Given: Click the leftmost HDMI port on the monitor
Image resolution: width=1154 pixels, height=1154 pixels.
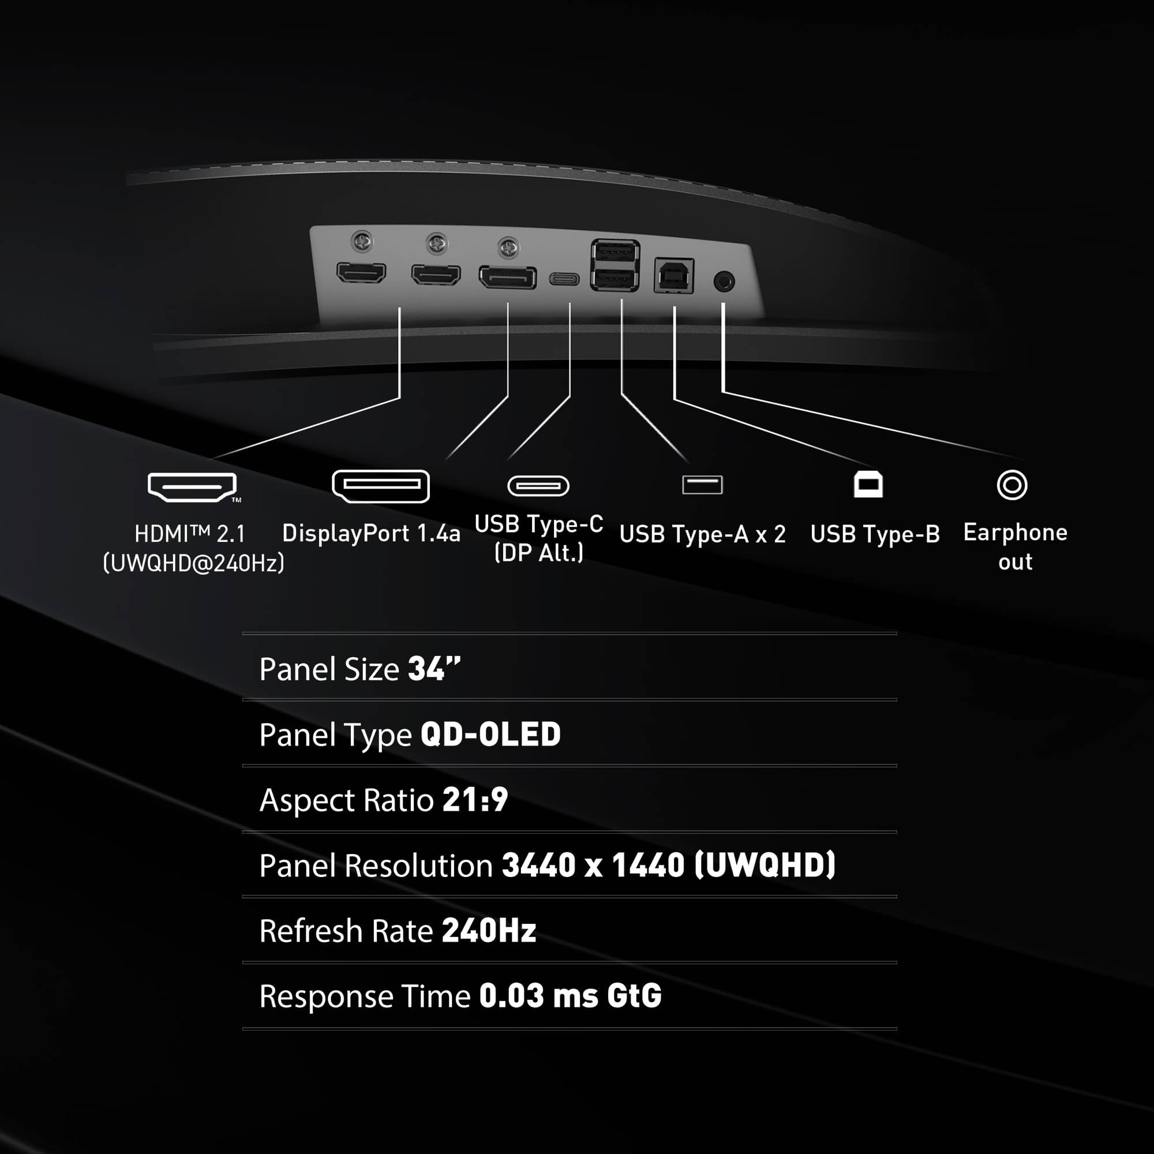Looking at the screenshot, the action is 361,273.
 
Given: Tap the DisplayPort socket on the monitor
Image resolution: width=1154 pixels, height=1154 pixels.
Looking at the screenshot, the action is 507,277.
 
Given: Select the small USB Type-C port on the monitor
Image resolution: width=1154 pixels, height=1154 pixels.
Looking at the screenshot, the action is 564,279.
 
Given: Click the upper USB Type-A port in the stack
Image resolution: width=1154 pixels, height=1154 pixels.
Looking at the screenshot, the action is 615,253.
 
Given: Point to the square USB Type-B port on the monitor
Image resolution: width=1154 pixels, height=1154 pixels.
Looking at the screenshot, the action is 674,275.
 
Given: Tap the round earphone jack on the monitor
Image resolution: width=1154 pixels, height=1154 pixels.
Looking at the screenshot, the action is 724,280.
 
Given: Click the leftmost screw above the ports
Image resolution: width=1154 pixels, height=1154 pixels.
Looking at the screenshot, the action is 362,241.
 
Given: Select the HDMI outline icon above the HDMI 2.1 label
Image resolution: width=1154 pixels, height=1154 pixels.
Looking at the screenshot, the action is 192,487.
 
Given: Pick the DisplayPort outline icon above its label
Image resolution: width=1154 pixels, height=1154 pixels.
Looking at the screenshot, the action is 380,486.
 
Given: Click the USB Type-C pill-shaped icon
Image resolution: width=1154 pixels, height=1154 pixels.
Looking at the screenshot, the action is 538,486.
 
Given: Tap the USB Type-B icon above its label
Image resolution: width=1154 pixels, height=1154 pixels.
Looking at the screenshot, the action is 868,485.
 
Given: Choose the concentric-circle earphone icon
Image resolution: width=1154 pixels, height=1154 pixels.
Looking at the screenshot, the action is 1012,485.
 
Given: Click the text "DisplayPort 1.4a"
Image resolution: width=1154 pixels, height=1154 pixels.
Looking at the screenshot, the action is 371,533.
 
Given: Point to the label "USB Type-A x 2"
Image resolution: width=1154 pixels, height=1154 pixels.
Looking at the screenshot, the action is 702,534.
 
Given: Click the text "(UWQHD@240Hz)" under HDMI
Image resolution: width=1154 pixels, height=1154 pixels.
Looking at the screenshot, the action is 193,563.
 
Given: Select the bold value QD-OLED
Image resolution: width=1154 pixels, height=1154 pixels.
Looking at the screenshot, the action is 490,734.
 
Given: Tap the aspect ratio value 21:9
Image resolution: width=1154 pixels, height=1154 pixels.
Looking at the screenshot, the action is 475,799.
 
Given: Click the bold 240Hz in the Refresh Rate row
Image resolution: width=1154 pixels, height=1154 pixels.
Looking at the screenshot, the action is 489,931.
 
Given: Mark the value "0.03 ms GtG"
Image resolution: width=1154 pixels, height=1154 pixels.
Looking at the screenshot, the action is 571,996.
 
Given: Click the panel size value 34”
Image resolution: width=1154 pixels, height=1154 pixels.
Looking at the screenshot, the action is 434,668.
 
